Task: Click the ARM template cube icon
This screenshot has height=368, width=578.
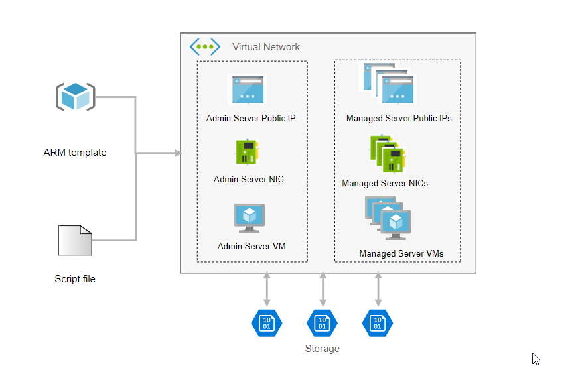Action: click(x=74, y=97)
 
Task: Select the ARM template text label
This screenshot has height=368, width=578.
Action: click(x=75, y=153)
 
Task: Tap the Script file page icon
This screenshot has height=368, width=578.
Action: click(x=74, y=241)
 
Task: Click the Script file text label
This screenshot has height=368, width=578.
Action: click(x=75, y=279)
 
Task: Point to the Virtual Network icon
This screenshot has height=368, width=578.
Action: click(x=205, y=47)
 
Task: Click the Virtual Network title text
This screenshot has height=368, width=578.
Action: click(x=266, y=47)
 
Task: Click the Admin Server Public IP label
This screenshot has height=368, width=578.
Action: click(x=251, y=119)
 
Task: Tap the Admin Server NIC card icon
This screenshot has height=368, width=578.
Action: click(x=245, y=152)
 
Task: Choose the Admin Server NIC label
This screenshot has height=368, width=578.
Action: click(x=249, y=179)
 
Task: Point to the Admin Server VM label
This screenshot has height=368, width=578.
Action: click(x=252, y=247)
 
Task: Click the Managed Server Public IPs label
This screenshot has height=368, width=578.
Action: click(x=399, y=119)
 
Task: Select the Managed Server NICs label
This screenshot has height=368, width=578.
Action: click(x=385, y=183)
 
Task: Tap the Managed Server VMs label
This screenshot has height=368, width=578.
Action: click(x=401, y=253)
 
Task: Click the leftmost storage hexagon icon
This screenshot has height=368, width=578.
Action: click(x=267, y=323)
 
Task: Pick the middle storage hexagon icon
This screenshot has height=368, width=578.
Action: click(x=322, y=323)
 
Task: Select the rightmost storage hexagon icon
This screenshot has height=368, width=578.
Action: click(x=378, y=323)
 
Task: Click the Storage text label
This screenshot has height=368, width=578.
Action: click(x=322, y=349)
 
